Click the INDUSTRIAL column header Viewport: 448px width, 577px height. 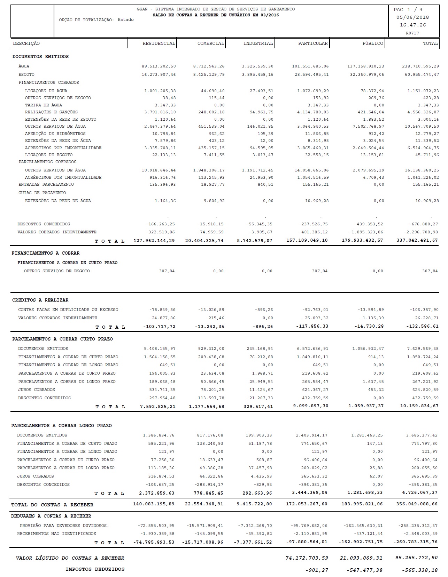click(258, 43)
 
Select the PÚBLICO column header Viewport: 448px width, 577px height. click(373, 43)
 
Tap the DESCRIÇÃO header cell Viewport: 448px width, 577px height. click(26, 43)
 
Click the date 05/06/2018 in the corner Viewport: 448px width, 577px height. click(412, 17)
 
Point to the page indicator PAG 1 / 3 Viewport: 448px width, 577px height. click(408, 10)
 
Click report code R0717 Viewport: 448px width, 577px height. click(412, 33)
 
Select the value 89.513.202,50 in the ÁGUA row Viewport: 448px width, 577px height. click(159, 66)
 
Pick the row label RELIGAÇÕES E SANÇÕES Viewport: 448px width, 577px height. click(51, 112)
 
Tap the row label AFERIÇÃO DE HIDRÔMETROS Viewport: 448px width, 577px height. click(55, 134)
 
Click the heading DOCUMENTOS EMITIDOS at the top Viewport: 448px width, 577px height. click(40, 56)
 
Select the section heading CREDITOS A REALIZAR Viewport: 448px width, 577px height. click(40, 300)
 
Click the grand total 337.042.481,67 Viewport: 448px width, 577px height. click(417, 240)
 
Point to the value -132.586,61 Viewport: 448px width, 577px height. click(422, 326)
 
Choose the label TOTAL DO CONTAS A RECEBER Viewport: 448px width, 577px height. click(52, 505)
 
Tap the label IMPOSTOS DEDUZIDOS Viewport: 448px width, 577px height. click(95, 569)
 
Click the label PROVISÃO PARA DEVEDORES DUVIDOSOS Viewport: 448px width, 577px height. click(64, 526)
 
